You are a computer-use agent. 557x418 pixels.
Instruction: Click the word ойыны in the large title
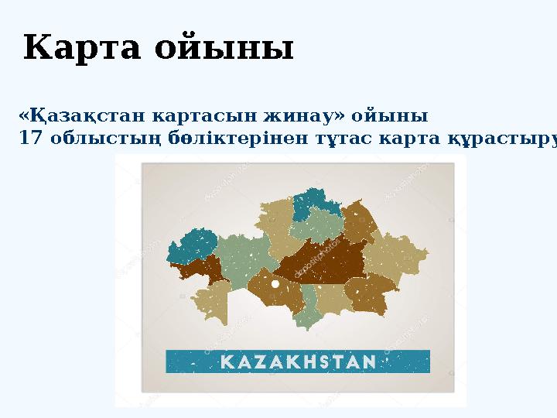click(224, 50)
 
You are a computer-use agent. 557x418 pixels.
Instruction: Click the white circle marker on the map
click(275, 284)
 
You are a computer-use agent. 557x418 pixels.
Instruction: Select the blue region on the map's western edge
click(192, 245)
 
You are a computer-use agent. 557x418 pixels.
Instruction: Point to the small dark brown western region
click(199, 270)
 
